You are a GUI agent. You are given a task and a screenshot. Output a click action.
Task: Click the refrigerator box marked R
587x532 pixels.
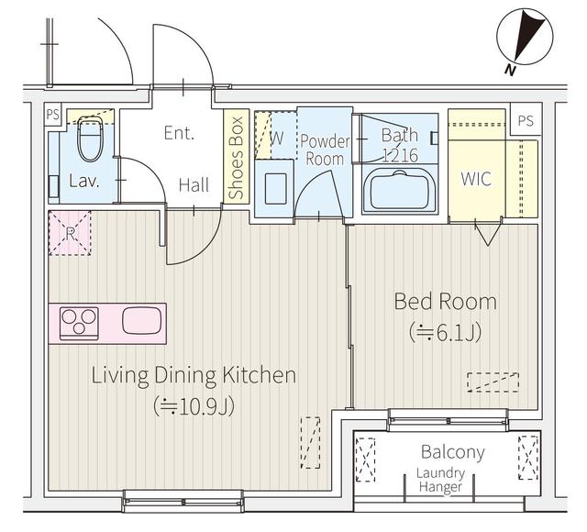click(x=71, y=232)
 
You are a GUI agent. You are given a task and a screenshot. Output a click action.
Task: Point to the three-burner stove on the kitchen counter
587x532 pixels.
click(x=80, y=323)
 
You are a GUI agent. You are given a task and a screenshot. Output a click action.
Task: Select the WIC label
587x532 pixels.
click(x=475, y=180)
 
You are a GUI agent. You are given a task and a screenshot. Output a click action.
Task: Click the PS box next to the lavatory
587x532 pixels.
click(x=52, y=115)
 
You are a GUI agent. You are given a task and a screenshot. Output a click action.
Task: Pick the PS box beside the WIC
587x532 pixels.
click(x=524, y=121)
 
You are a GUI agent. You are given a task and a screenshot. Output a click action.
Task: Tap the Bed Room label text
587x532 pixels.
click(x=445, y=302)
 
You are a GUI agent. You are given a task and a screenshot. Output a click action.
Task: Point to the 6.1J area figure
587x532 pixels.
click(x=445, y=332)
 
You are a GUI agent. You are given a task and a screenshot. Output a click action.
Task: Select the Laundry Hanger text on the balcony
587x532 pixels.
click(x=441, y=481)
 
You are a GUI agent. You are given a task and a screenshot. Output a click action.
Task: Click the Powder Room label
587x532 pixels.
click(x=326, y=150)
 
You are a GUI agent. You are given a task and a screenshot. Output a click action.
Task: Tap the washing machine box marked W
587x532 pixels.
click(x=275, y=139)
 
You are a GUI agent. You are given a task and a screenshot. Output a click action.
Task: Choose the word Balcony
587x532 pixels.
click(x=452, y=452)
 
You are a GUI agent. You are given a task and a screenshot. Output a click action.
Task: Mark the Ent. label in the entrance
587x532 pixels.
click(x=179, y=133)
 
